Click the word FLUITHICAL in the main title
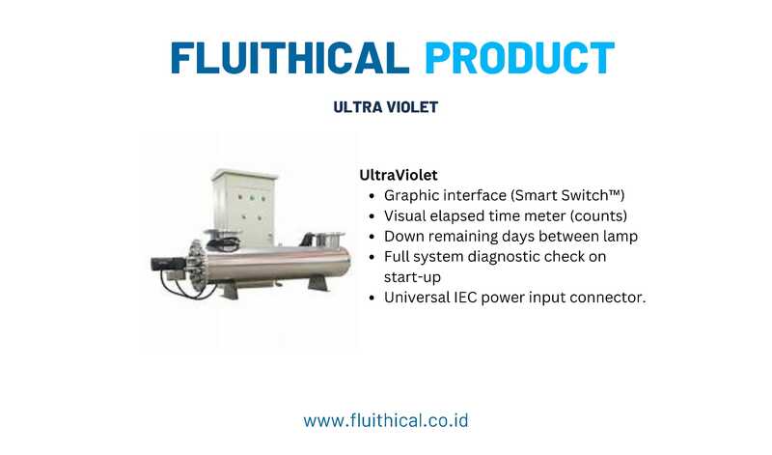[x=290, y=58]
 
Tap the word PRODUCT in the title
[x=519, y=58]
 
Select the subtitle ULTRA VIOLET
[x=385, y=107]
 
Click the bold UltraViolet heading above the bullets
[x=399, y=175]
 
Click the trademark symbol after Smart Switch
[x=614, y=193]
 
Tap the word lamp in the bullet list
[x=620, y=237]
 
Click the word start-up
[x=412, y=277]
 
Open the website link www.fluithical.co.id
[x=386, y=421]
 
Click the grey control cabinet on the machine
[x=243, y=208]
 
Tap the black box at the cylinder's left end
[x=166, y=265]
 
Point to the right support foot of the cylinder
[x=318, y=284]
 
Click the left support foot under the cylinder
[x=230, y=290]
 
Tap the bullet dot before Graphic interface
[x=372, y=196]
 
